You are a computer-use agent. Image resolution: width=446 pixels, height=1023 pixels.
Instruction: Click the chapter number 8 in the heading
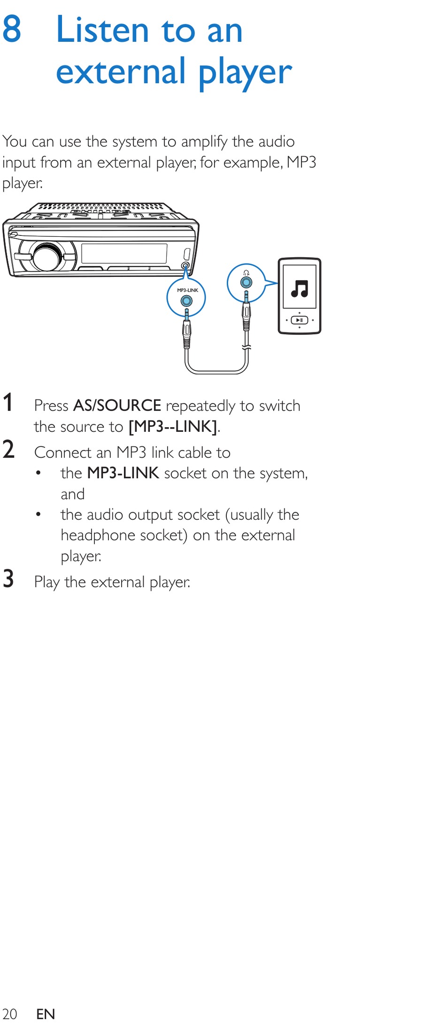click(12, 29)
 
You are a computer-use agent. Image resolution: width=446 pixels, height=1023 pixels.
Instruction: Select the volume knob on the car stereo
click(46, 257)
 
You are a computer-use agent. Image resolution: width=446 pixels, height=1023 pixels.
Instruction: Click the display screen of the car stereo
click(124, 254)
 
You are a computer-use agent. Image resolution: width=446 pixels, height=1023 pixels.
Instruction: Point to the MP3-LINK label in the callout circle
click(187, 290)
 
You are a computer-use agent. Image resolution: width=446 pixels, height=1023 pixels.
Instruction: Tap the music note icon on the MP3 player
click(300, 289)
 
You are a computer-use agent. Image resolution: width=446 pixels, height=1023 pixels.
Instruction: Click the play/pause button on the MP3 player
click(300, 320)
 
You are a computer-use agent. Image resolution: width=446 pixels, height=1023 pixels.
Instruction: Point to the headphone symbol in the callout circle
click(246, 273)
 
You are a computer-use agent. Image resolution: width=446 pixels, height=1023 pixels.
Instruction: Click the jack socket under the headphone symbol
click(246, 282)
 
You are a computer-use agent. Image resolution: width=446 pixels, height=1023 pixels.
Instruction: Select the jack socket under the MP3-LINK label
click(187, 301)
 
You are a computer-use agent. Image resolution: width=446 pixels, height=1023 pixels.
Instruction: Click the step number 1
click(8, 403)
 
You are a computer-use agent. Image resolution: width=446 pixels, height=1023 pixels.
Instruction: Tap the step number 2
click(8, 449)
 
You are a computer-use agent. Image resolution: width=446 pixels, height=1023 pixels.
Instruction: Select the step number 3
click(8, 578)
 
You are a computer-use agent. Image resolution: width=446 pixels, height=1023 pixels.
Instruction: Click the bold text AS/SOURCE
click(117, 406)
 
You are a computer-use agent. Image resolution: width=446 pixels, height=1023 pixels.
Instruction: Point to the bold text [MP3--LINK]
click(173, 426)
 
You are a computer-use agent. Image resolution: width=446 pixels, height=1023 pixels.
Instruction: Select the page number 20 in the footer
click(10, 1014)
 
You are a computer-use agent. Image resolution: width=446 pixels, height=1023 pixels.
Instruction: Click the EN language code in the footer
click(46, 1014)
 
